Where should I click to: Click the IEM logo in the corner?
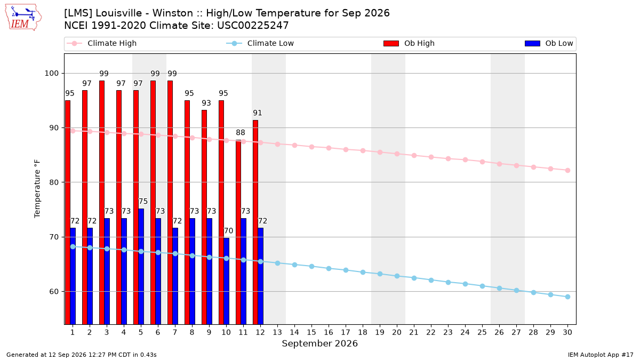coord(23,18)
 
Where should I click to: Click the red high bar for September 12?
coord(255,222)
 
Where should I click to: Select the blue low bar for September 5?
coord(141,266)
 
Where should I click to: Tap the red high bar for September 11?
coord(238,232)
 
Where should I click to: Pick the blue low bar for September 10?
coord(226,281)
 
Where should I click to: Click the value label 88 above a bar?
coord(241,133)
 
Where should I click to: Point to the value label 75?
coord(143,202)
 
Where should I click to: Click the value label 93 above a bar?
coord(206,103)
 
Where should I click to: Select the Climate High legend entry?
coord(101,43)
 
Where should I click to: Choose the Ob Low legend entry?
coord(549,43)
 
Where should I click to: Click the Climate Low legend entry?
coord(260,43)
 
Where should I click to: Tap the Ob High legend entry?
coord(409,43)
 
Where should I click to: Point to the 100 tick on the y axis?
coord(51,74)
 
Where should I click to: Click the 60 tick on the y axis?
coord(54,292)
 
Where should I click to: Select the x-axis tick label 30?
coord(567,332)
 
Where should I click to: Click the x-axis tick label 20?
coord(397,332)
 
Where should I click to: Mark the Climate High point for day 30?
coord(567,170)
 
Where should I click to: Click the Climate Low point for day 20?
coord(397,276)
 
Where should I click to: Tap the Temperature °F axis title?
coord(37,189)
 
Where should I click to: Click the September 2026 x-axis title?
coord(319,343)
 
